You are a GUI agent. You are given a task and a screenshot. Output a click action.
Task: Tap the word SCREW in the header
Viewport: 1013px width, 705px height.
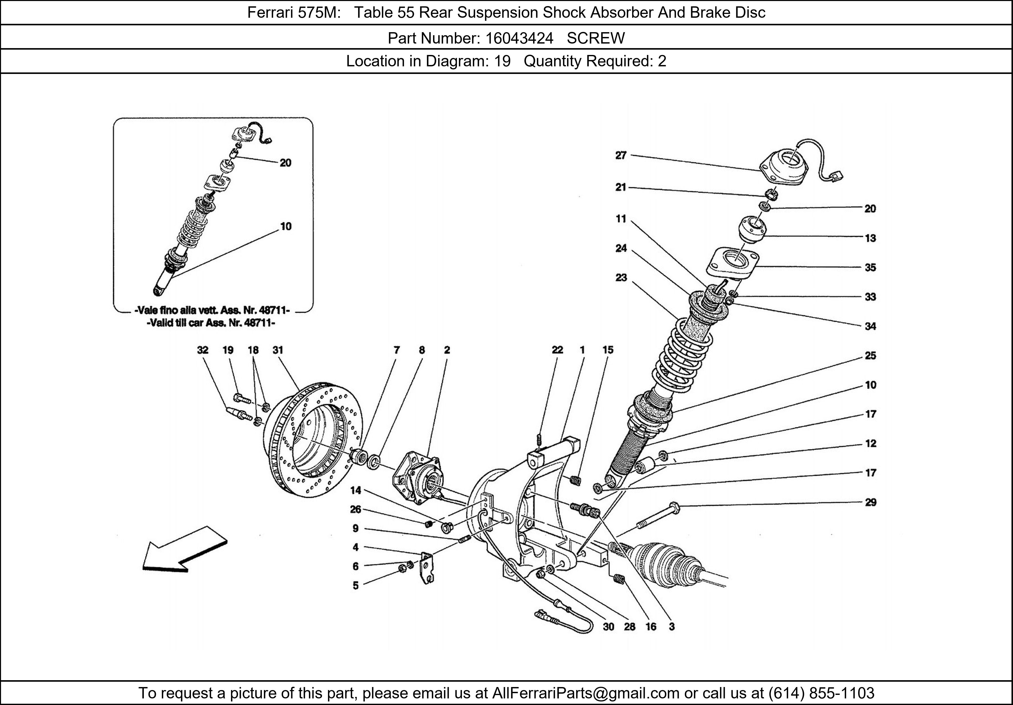pyautogui.click(x=596, y=39)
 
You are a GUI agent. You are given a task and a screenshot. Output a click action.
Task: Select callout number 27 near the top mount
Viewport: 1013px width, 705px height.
pyautogui.click(x=621, y=155)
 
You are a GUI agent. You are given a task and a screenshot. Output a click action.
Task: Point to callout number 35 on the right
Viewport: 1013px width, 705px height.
pyautogui.click(x=870, y=267)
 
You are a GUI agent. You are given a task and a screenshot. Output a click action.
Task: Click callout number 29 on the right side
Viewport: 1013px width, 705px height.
pyautogui.click(x=870, y=502)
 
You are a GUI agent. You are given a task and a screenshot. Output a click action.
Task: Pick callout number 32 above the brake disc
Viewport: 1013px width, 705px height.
pyautogui.click(x=203, y=350)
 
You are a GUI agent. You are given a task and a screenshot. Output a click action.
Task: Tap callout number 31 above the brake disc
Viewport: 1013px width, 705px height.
pyautogui.click(x=278, y=350)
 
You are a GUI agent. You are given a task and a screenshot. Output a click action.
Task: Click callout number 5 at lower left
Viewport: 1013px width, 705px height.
pyautogui.click(x=356, y=585)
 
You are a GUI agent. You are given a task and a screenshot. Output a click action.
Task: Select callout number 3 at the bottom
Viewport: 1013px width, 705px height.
pyautogui.click(x=672, y=626)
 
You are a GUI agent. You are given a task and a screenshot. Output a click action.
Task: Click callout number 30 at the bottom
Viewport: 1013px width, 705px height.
pyautogui.click(x=608, y=626)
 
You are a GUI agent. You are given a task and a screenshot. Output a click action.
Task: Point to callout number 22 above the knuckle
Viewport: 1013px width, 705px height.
pyautogui.click(x=557, y=350)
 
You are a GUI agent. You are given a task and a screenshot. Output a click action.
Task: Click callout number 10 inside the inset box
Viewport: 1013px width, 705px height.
pyautogui.click(x=286, y=226)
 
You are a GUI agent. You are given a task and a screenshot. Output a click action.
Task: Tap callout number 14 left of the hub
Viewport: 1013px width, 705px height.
pyautogui.click(x=356, y=490)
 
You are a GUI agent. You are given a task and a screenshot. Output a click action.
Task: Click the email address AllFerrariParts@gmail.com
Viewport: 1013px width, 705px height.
pyautogui.click(x=586, y=693)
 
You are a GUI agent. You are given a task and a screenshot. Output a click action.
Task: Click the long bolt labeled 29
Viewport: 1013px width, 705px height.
pyautogui.click(x=657, y=517)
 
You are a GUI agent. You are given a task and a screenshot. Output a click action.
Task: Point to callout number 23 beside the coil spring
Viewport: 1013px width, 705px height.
pyautogui.click(x=621, y=278)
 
